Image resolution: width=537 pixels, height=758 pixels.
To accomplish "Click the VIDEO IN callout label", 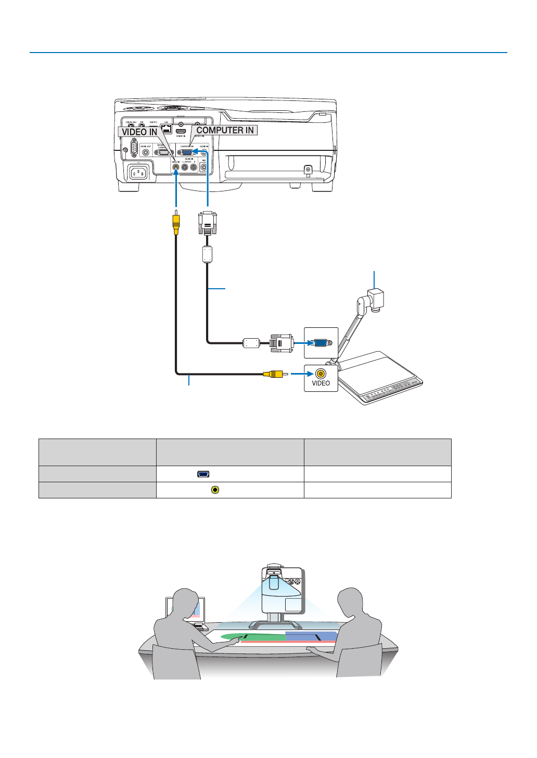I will (x=139, y=132).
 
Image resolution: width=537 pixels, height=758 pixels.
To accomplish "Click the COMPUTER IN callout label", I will (x=225, y=130).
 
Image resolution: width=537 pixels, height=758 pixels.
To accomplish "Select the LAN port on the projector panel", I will (x=167, y=129).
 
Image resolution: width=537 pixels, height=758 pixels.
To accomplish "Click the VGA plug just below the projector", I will (x=208, y=223).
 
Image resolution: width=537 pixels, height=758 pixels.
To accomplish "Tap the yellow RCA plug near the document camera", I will (x=273, y=374).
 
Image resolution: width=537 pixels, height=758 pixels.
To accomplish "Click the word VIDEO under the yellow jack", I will (x=321, y=383).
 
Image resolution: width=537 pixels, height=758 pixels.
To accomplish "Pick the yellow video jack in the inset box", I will (x=321, y=373).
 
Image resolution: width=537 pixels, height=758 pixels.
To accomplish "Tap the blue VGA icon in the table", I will (x=203, y=474).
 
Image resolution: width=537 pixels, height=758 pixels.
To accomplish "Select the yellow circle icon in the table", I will (x=215, y=490).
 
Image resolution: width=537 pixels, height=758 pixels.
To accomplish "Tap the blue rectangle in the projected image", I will (x=311, y=636).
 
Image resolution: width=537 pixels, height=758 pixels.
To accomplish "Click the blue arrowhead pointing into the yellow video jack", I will (x=310, y=374).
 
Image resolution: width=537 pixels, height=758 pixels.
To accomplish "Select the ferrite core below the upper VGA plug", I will (x=208, y=254).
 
